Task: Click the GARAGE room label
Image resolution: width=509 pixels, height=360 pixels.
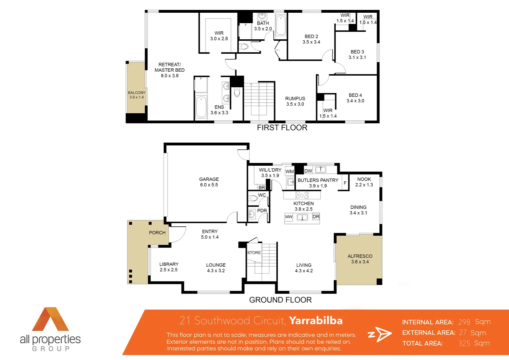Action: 209,179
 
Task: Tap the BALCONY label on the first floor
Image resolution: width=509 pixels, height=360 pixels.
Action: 137,93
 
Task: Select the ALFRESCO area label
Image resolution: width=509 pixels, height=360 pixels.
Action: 360,256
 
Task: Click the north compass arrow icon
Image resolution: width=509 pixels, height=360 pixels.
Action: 380,334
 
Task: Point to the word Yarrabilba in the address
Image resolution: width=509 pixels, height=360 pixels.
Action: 315,321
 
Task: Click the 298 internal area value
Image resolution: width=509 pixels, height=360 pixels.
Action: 464,322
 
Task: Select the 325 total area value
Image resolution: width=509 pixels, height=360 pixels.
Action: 464,343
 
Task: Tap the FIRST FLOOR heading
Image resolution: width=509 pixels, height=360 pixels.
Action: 282,128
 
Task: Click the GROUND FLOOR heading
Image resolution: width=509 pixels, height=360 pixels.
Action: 280,300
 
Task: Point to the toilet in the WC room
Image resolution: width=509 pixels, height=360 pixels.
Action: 253,199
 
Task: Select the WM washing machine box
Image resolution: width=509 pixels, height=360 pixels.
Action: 289,171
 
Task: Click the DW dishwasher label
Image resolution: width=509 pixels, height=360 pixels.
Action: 308,171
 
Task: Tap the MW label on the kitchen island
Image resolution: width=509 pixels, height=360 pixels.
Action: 288,217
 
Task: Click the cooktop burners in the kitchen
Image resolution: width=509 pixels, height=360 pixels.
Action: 302,195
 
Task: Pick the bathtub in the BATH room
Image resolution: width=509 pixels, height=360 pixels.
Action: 280,25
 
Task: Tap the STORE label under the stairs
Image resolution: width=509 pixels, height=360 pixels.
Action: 254,253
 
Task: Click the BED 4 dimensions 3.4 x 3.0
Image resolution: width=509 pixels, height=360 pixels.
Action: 355,101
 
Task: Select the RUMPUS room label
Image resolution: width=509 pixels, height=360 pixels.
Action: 295,98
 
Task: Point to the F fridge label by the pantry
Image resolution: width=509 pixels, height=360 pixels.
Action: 345,183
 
